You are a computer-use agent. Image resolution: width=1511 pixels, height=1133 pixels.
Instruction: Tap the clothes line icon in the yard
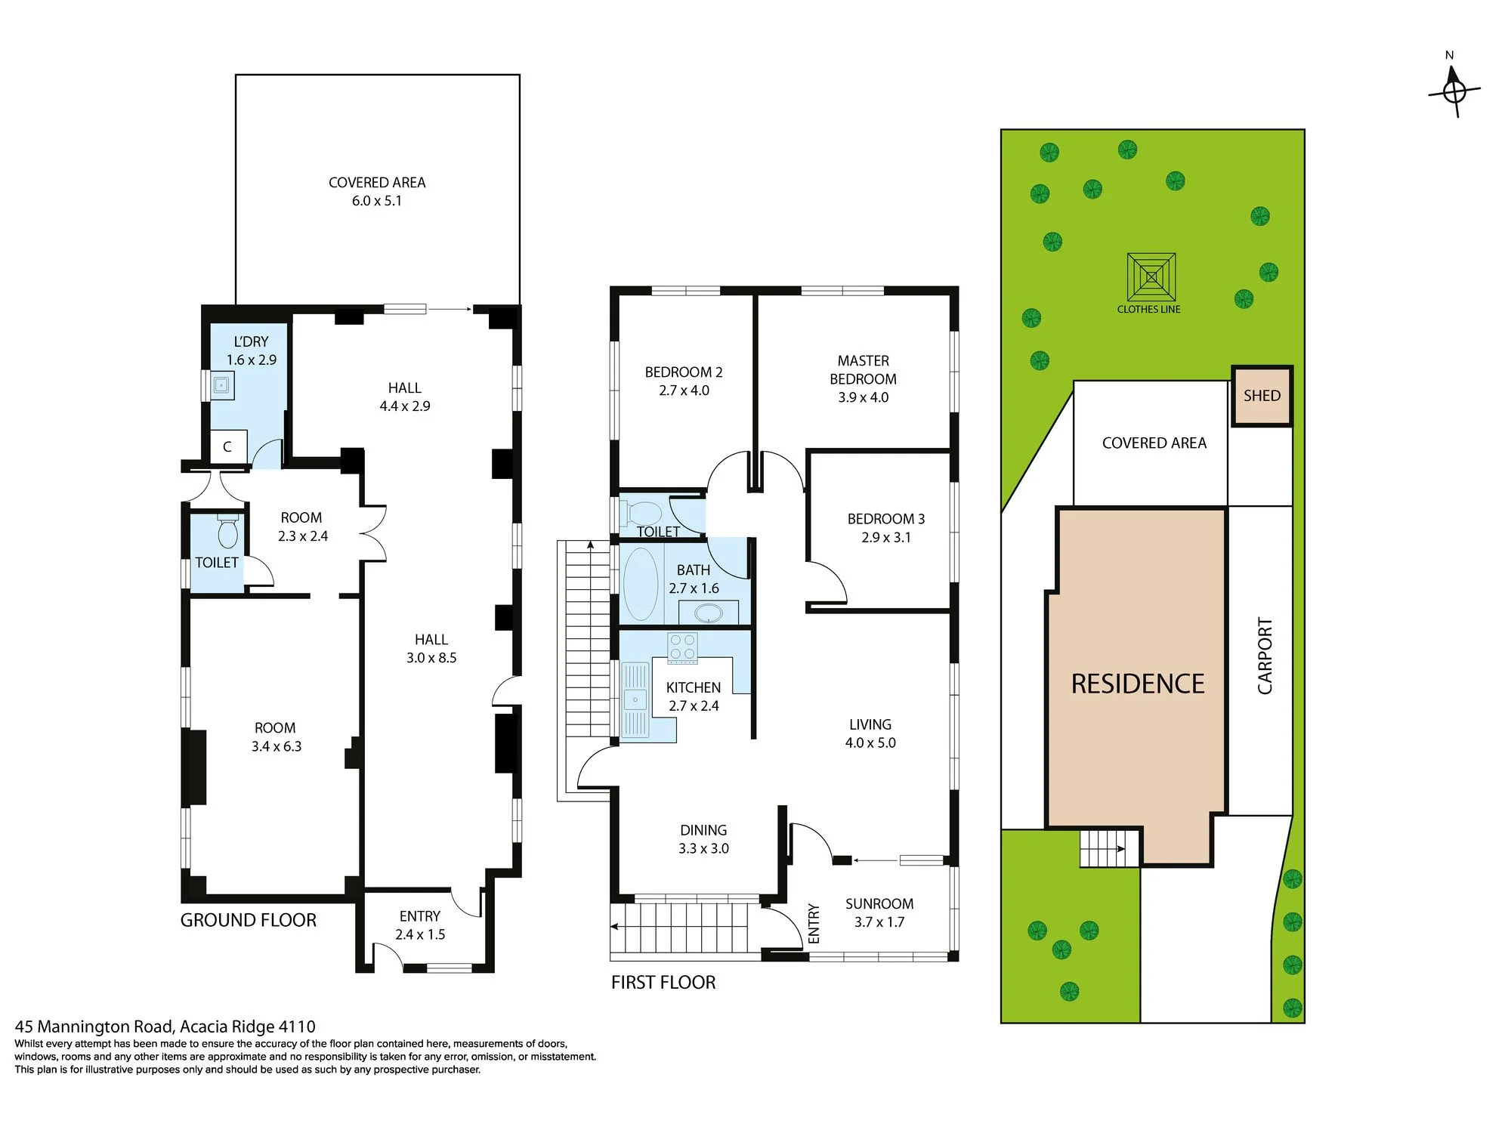click(x=1151, y=278)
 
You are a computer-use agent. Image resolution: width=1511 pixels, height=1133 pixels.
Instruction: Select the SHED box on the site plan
click(x=1262, y=396)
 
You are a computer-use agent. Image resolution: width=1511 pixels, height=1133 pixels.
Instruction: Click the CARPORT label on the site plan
click(x=1265, y=656)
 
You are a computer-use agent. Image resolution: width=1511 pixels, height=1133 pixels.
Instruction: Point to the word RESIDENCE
click(x=1138, y=684)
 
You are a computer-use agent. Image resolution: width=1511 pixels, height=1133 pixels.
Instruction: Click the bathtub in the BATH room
click(x=641, y=585)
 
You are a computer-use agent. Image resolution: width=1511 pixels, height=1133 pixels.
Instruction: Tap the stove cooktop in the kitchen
click(x=682, y=648)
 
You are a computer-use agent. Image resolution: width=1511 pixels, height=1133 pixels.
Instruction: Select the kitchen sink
click(x=635, y=699)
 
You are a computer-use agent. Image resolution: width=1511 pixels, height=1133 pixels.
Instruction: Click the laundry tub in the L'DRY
click(x=221, y=385)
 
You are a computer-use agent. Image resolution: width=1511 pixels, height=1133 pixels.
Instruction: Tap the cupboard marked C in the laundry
click(x=227, y=446)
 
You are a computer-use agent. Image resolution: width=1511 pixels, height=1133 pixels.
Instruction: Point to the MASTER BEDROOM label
click(x=863, y=370)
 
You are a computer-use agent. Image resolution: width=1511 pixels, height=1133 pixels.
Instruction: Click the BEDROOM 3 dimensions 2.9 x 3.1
click(x=886, y=538)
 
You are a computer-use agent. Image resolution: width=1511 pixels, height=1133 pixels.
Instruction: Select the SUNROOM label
click(x=879, y=903)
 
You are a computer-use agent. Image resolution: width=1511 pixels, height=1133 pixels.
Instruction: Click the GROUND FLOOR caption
click(x=249, y=920)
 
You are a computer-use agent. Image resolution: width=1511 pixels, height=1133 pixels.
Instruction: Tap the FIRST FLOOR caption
click(x=663, y=982)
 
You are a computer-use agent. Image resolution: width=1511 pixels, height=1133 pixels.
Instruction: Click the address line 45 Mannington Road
click(x=165, y=1026)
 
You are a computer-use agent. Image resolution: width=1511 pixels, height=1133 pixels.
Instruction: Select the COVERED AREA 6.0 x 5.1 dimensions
click(x=377, y=201)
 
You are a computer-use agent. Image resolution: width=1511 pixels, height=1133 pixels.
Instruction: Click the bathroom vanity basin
click(x=708, y=613)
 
